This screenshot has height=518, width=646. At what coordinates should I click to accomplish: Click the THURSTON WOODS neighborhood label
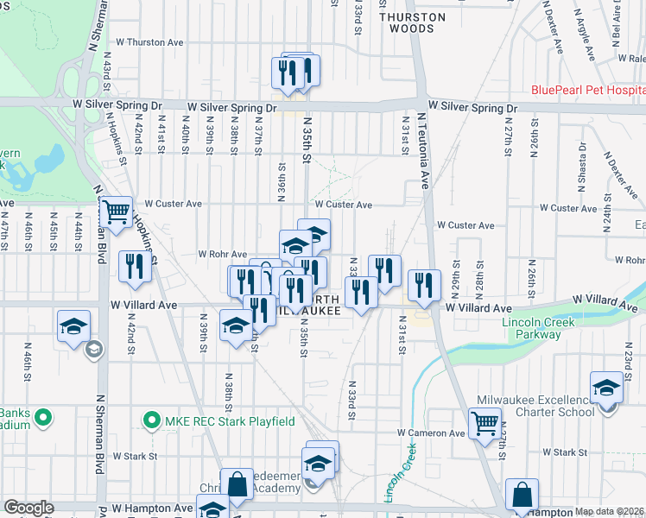[x=413, y=22]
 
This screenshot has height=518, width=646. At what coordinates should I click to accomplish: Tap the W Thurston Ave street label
[x=149, y=41]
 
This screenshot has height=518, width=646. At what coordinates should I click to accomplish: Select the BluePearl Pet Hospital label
[x=587, y=90]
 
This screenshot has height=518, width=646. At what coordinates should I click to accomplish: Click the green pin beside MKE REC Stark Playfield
[x=152, y=421]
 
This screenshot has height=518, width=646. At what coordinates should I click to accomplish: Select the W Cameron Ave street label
[x=431, y=433]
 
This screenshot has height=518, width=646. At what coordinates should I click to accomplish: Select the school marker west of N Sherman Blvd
[x=73, y=326]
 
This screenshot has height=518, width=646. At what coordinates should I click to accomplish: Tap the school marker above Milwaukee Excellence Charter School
[x=606, y=388]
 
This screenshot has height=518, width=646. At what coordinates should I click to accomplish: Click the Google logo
[x=28, y=508]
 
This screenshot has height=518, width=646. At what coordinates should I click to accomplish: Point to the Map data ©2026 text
[x=610, y=511]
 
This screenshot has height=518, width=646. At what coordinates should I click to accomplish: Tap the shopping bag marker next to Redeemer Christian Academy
[x=237, y=485]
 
